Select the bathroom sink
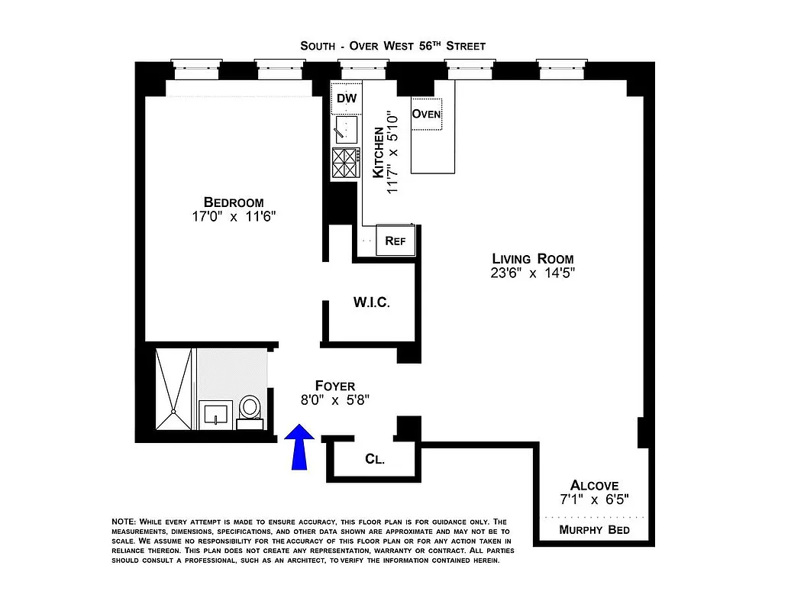(x=215, y=415)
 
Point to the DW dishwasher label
(x=347, y=99)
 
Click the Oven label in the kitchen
(x=426, y=114)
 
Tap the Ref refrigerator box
(x=395, y=241)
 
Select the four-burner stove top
(x=346, y=162)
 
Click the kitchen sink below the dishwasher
(x=346, y=130)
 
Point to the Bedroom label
(x=234, y=202)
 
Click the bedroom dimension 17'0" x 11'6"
(x=234, y=216)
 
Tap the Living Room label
(x=532, y=259)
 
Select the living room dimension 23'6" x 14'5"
(x=532, y=273)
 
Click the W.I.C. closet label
(x=371, y=302)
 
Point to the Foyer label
(x=335, y=386)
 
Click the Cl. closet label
(x=374, y=460)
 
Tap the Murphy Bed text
(x=594, y=529)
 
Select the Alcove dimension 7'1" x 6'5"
(x=594, y=499)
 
